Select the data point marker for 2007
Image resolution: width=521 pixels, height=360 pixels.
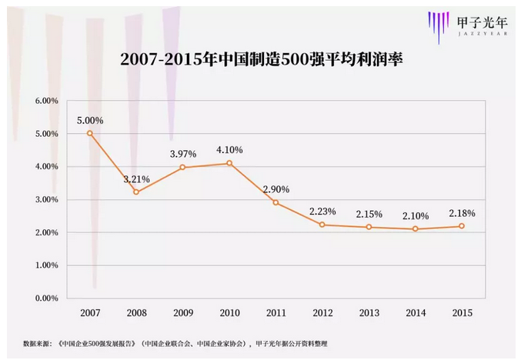90,133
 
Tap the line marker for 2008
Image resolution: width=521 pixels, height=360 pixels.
136,192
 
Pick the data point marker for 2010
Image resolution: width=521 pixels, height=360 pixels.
229,162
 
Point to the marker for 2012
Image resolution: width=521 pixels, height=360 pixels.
322,224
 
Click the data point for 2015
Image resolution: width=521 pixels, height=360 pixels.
462,226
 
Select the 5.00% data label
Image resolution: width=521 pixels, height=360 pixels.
90,120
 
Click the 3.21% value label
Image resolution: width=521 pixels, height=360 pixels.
136,178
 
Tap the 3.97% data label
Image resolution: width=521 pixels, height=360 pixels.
183,154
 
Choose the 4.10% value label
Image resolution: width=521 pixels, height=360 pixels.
229,149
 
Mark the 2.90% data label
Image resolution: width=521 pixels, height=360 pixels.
276,188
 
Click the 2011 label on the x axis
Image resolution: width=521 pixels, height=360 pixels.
276,314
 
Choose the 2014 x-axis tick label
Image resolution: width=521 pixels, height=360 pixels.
416,314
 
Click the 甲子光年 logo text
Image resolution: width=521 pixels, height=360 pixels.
479,22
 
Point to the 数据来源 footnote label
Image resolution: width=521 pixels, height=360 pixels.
37,343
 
